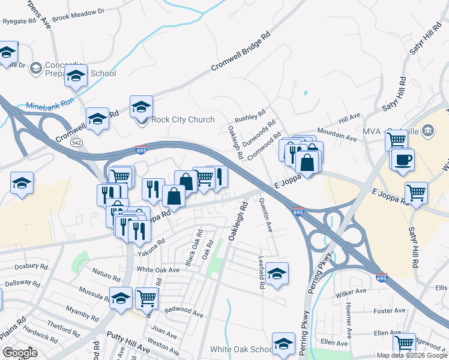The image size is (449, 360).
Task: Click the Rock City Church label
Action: [182, 119]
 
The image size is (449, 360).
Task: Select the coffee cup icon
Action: [403, 160]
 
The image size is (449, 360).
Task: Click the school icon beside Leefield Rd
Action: [277, 274]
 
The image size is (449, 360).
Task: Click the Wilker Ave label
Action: [351, 292]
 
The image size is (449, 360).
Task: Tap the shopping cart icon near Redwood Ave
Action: [146, 297]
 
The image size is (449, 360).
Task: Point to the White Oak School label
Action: [241, 349]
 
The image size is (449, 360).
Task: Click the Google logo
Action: [20, 353]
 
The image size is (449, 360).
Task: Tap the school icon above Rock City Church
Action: [141, 107]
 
